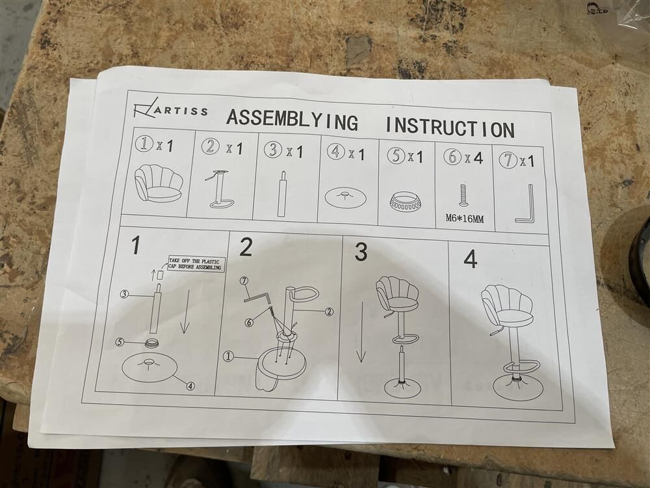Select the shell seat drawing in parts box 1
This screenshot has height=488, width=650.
click(159, 183)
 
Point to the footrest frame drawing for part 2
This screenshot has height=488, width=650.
click(220, 189)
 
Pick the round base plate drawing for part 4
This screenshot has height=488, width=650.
click(345, 198)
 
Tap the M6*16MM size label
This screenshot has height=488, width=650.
click(465, 218)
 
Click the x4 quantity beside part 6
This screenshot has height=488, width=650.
click(473, 158)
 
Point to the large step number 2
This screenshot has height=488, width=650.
click(246, 247)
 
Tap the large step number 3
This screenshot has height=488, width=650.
click(361, 252)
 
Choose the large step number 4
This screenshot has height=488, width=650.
click(471, 260)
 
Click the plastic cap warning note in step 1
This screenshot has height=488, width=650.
click(195, 264)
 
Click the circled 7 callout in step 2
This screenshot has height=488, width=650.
click(244, 282)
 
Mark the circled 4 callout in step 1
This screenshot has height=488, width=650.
click(190, 386)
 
